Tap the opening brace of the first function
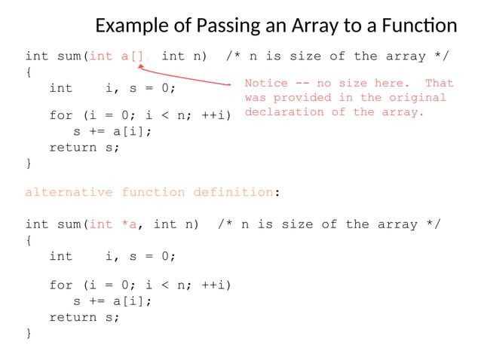(x=28, y=72)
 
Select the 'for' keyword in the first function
(x=61, y=115)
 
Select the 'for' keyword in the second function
(x=61, y=285)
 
